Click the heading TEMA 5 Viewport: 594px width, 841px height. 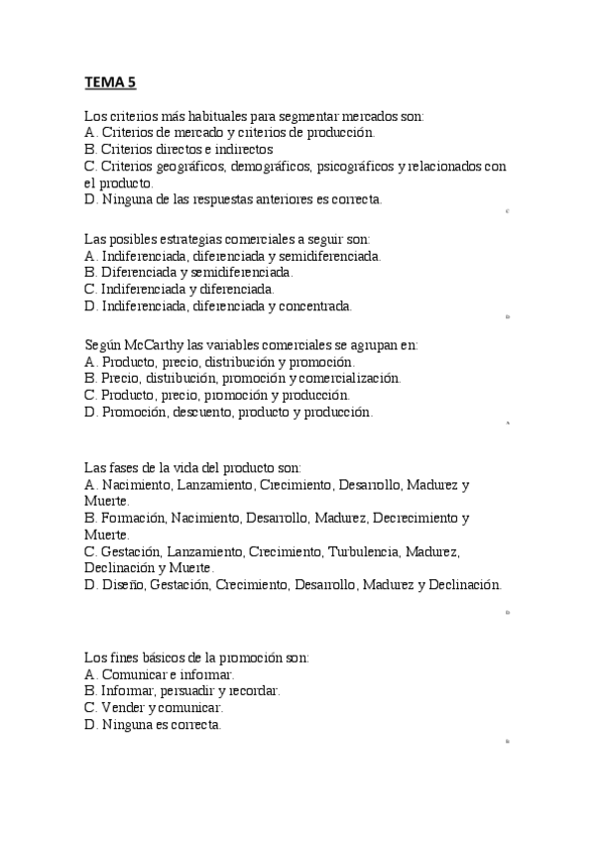coord(110,83)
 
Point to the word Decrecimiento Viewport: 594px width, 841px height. coord(416,518)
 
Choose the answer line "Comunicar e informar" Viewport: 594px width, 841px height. coord(160,673)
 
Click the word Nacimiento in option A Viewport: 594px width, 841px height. coord(136,485)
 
